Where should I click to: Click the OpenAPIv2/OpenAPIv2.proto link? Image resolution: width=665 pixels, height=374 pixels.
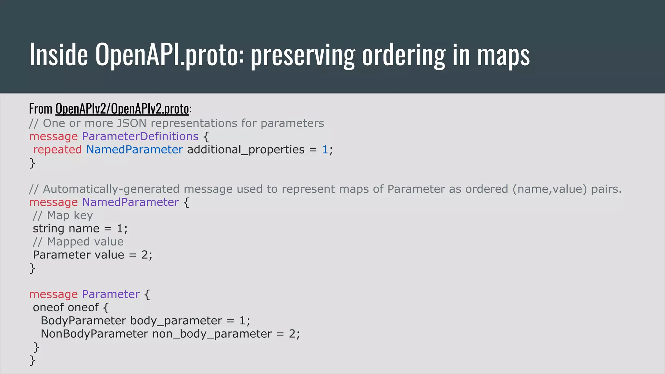[122, 108]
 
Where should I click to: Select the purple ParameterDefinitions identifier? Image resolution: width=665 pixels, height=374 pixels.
[140, 136]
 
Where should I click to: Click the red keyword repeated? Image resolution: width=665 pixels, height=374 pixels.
[57, 150]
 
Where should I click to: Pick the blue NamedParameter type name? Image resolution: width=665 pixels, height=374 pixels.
[134, 150]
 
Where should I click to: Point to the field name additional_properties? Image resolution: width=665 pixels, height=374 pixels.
[246, 150]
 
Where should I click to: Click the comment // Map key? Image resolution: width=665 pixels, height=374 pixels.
[63, 215]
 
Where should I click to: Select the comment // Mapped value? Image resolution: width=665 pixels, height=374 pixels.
[78, 242]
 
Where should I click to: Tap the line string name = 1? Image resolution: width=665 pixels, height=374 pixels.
[80, 229]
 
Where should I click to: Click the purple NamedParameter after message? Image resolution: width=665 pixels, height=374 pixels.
[130, 202]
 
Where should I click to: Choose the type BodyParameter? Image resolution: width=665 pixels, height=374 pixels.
[83, 321]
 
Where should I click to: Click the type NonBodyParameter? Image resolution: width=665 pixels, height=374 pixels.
[94, 334]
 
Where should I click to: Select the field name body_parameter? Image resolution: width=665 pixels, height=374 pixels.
[176, 321]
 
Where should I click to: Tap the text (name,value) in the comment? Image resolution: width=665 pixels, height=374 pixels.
[550, 189]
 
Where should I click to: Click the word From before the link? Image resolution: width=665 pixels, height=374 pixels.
[41, 108]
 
